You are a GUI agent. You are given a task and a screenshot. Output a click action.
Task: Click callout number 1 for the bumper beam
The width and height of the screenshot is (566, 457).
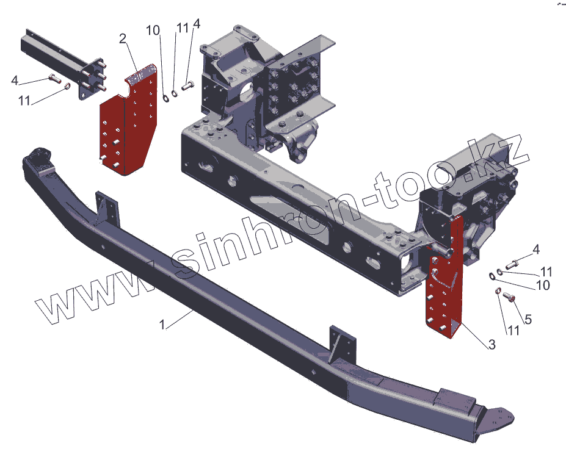coord(162,325)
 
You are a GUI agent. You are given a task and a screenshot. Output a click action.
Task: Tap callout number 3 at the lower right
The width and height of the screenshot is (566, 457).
coord(491,345)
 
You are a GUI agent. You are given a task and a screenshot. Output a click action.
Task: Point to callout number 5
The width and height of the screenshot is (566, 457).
coord(528,319)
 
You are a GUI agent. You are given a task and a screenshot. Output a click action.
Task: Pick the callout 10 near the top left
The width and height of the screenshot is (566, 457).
coord(153,30)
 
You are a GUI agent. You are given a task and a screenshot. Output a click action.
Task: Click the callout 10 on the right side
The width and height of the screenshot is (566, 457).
coord(542,285)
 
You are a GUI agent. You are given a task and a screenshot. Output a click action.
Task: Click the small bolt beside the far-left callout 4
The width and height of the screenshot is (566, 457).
coord(53,77)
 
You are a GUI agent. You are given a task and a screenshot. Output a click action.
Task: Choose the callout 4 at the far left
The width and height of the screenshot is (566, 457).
coord(15,80)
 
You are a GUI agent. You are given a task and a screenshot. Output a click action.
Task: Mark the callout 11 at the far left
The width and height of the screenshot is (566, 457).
coord(24,101)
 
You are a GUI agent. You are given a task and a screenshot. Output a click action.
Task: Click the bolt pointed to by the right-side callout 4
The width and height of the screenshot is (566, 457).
coord(512,263)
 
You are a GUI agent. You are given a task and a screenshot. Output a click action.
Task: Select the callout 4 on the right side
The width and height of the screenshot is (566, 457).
coord(536,250)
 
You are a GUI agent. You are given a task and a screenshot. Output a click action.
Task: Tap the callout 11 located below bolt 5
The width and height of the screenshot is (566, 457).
coord(511,330)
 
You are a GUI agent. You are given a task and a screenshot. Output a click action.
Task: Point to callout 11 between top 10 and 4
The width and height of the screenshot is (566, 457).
coord(182,28)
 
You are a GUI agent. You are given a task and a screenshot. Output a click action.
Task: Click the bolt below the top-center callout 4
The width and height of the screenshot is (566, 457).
coord(187,87)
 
